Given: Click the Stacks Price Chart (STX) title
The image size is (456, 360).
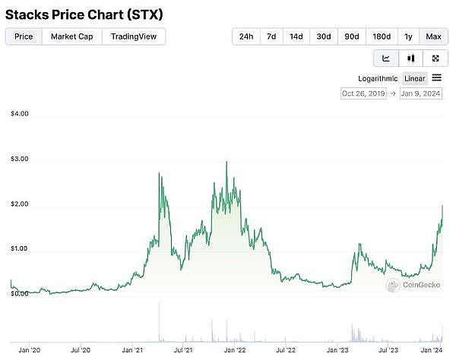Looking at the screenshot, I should coord(84,14).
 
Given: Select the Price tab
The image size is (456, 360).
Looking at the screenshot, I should coord(24,36).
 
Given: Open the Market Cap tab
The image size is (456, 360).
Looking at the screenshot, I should coord(71,36).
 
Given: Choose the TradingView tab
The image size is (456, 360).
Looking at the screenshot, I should coord(134,36).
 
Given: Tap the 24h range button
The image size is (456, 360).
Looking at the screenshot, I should coord(246,36).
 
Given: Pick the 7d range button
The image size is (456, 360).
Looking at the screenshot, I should coord(271,36).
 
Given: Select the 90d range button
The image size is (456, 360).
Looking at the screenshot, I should coord(351,36).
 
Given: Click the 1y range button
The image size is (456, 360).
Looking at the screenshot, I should coord(408,36).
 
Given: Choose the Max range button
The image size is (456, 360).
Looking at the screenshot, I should coord(433,36).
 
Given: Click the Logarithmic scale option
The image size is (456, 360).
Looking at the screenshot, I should coord(378,78).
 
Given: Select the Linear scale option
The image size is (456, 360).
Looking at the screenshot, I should coord(415,78).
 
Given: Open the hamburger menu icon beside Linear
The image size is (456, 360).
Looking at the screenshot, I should coord(437,77).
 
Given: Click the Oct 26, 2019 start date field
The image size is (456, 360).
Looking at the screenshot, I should coord(364,93).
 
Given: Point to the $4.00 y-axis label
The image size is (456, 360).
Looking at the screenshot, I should coord(20,114).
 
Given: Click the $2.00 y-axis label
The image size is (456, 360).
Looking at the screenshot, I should coord(20,205).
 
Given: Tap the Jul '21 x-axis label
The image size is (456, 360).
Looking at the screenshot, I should coord(182,350).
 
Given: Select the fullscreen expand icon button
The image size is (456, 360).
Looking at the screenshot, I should coord(435,58).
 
